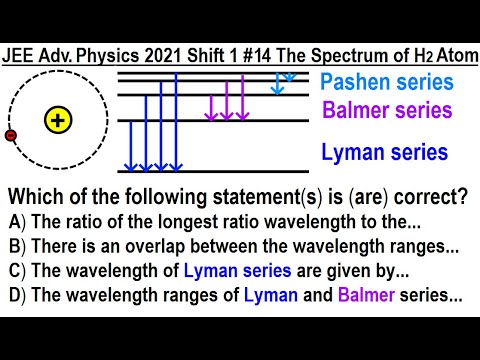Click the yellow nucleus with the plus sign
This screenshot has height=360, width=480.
point(59,122)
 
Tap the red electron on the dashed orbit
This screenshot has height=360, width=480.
point(11,134)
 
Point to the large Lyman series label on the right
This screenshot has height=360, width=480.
point(385,152)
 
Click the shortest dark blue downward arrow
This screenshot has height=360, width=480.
point(128,145)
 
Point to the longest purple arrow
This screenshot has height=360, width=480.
point(243,100)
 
